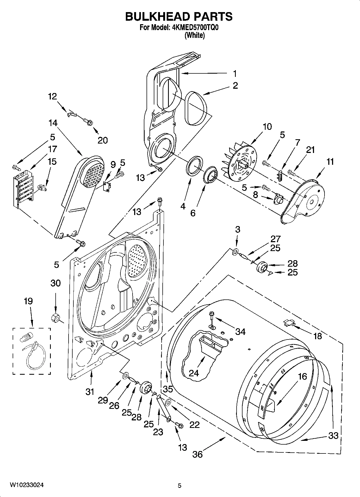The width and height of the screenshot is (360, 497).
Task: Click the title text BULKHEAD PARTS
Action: click(x=179, y=17)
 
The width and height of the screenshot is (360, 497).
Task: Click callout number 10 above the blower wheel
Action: click(x=267, y=127)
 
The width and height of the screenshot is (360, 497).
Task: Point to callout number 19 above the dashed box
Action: click(x=28, y=301)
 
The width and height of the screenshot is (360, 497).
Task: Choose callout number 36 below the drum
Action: click(x=197, y=455)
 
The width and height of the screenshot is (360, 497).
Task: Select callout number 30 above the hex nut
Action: click(x=56, y=283)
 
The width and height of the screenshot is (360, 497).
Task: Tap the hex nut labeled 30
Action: click(x=55, y=317)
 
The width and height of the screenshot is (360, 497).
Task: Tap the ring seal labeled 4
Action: click(x=194, y=167)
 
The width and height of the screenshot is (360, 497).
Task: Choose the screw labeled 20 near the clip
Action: click(x=88, y=122)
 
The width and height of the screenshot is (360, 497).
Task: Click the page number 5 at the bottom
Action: click(x=180, y=485)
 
